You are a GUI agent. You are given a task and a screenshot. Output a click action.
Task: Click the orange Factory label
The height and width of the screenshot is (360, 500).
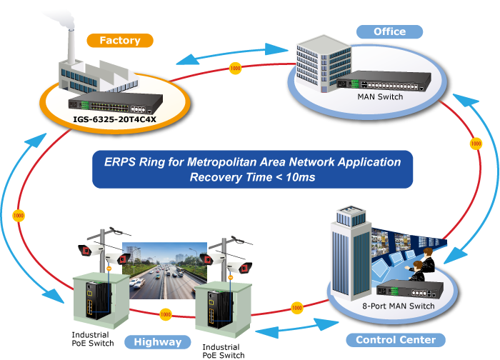pyautogui.click(x=119, y=41)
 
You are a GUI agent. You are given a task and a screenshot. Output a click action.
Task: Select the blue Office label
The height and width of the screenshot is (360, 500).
pyautogui.click(x=389, y=31)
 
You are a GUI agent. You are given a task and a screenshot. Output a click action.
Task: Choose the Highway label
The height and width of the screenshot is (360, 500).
pyautogui.click(x=158, y=341)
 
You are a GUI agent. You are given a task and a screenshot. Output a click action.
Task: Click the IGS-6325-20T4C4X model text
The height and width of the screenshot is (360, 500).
pyautogui.click(x=114, y=119)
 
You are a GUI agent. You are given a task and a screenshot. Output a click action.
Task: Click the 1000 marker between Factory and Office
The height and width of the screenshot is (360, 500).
pyautogui.click(x=236, y=69)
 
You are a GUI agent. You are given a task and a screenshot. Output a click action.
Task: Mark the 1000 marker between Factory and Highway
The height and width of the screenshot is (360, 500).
pyautogui.click(x=19, y=214)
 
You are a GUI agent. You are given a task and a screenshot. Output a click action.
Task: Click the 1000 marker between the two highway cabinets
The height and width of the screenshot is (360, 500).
pyautogui.click(x=166, y=314)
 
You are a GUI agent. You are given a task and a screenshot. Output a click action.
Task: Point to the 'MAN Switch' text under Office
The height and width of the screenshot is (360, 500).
pyautogui.click(x=380, y=97)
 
